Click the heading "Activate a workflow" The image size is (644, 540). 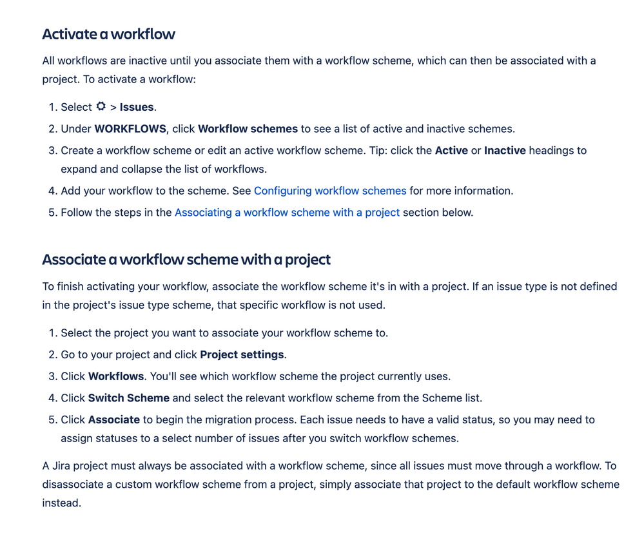coord(108,34)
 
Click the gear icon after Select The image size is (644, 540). coord(101,106)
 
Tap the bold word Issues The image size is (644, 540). coord(137,107)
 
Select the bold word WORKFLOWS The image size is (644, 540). coord(130,129)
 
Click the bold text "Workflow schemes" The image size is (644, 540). coord(248,129)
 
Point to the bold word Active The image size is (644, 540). coord(451,150)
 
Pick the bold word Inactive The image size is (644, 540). coord(505,150)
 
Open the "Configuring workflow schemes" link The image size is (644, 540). coord(330,191)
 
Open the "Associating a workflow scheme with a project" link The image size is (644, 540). coord(287,212)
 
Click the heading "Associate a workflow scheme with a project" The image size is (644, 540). coord(186,260)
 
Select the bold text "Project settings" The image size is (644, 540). coord(242,354)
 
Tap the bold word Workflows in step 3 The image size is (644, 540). coord(116,376)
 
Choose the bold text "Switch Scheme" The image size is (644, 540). coord(129,398)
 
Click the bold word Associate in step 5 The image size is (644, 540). coord(114,419)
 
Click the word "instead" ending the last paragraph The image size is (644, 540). coord(61,503)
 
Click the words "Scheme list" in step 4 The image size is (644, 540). coord(451,398)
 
